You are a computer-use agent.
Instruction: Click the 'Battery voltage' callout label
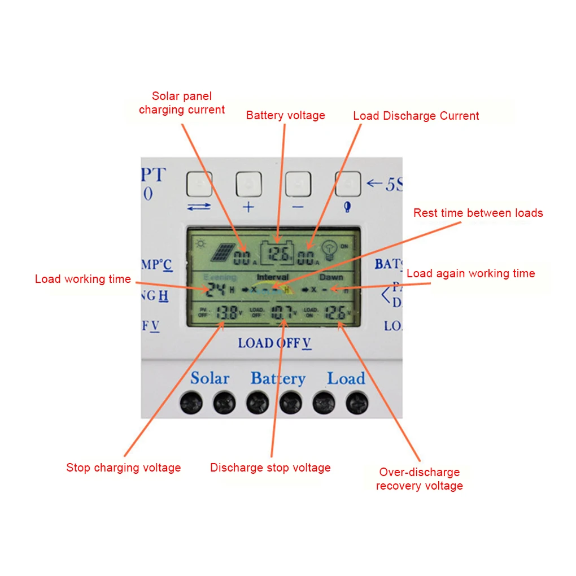285,115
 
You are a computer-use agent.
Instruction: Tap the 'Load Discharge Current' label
416,116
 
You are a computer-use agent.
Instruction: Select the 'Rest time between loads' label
478,213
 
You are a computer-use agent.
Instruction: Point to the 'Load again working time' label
470,273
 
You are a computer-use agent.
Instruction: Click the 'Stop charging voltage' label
123,468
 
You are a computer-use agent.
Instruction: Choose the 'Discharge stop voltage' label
270,468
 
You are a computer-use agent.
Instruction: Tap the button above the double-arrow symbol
199,184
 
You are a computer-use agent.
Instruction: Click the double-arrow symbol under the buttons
199,207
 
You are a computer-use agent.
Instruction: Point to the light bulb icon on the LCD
329,251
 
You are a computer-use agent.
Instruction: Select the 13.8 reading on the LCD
226,312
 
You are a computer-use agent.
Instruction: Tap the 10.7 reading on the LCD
281,312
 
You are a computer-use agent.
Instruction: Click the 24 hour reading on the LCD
216,290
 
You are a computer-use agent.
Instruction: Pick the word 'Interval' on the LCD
272,277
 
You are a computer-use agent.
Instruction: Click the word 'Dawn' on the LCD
331,277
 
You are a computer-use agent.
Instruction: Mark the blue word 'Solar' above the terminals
210,378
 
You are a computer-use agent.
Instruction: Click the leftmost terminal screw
191,403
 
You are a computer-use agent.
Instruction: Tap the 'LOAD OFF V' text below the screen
274,343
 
